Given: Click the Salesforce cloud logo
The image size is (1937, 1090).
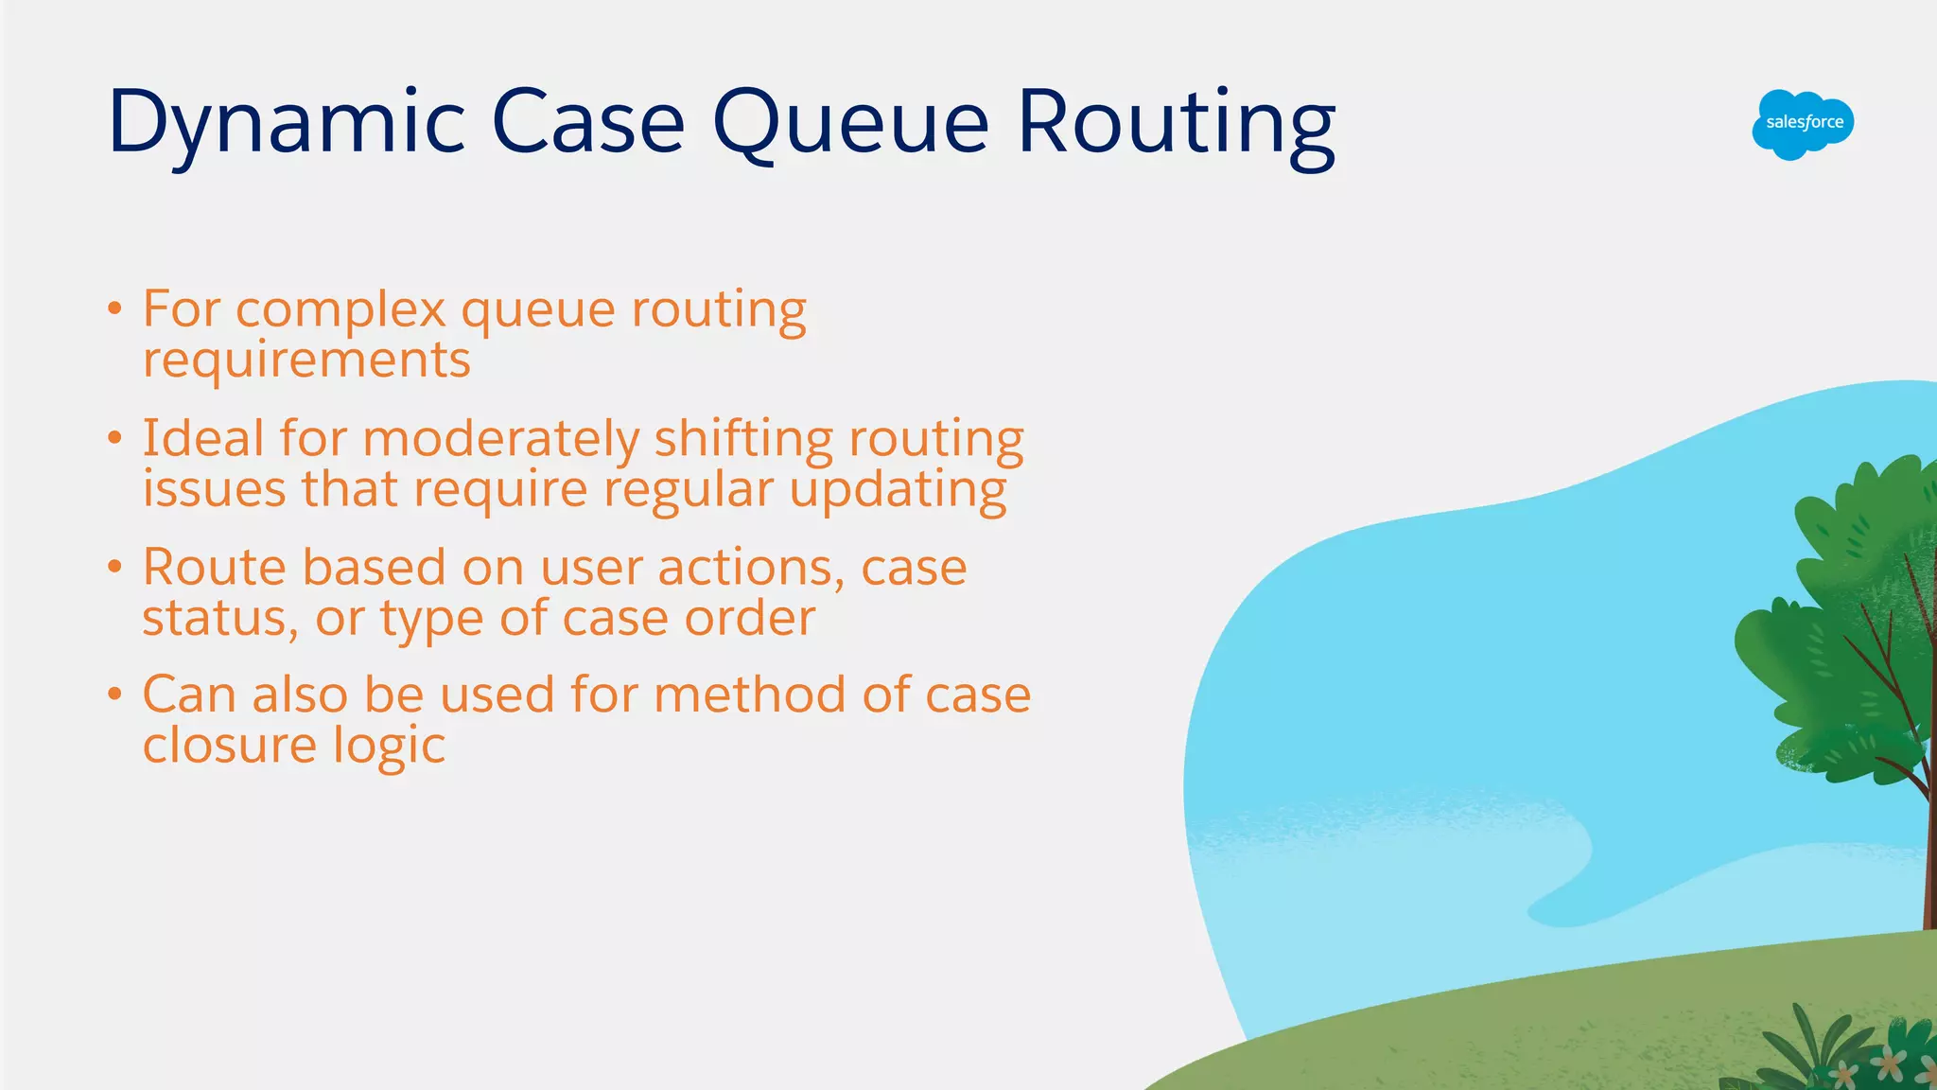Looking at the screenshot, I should pos(1803,124).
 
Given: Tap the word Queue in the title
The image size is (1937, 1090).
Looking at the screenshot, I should pos(850,123).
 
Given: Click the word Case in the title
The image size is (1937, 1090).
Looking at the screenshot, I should pos(587,123).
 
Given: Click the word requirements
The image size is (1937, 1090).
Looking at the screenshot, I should pos(306,360).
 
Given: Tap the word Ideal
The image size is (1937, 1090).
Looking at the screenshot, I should pos(203,438).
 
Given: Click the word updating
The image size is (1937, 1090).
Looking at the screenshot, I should pos(898,490).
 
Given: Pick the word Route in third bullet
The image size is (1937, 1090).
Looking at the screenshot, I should pos(214,567).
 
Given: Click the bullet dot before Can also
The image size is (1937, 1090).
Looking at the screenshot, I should pos(114,694).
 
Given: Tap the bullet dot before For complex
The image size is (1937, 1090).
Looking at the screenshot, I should pos(114,308).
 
